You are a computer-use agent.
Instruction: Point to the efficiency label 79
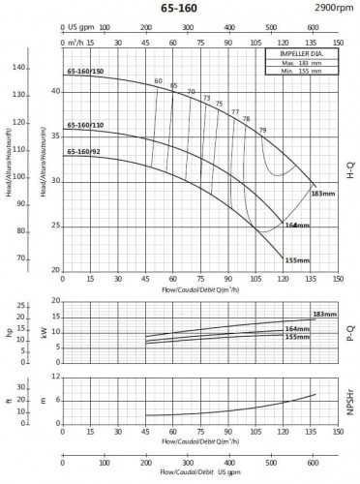(x=261, y=130)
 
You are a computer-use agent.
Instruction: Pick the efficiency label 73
(x=205, y=98)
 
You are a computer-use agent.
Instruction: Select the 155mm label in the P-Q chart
(x=297, y=338)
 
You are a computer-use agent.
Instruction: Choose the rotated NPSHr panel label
(x=349, y=397)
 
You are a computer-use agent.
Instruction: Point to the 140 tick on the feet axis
(x=18, y=68)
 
